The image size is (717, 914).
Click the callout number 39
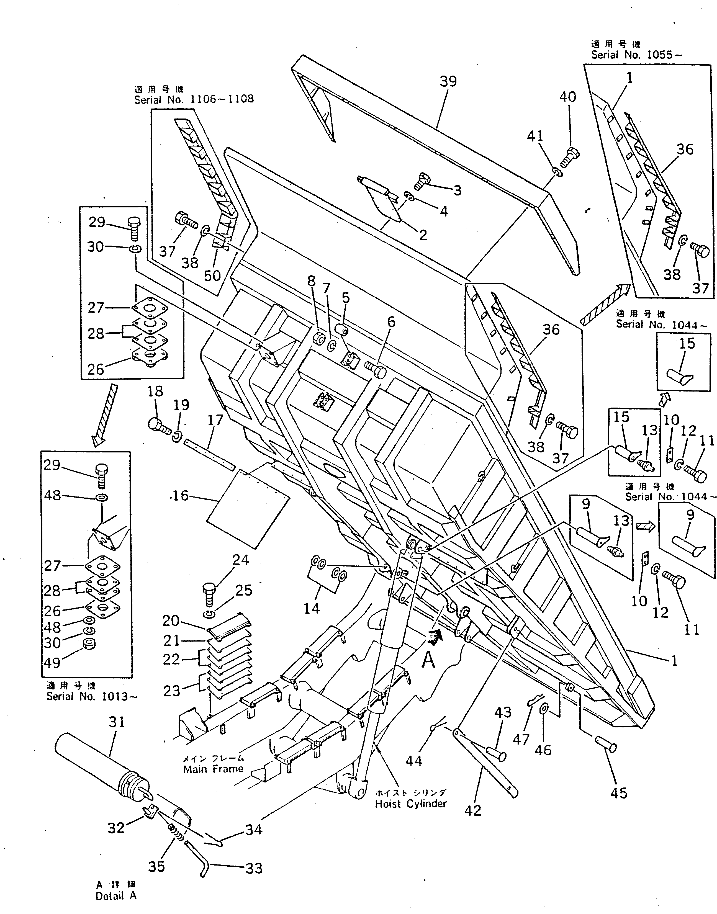[x=448, y=81]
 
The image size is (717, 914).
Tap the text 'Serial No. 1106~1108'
[x=194, y=99]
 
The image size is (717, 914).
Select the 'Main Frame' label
[x=213, y=769]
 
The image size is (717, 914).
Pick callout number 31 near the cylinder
[x=117, y=722]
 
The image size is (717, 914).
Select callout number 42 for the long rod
[x=473, y=810]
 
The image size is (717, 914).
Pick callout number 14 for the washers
[x=312, y=608]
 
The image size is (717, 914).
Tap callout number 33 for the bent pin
[x=254, y=868]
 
